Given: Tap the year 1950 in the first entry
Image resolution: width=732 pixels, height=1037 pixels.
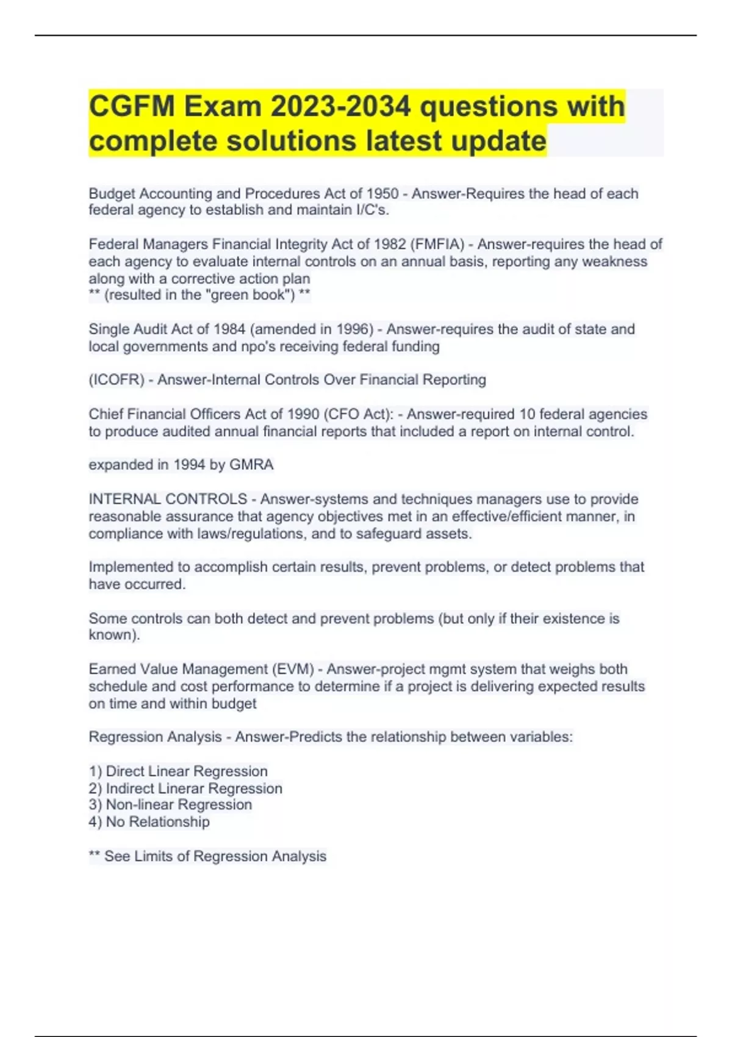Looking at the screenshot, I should [x=382, y=193].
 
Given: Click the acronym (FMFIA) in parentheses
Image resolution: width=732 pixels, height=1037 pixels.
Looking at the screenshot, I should [x=438, y=244].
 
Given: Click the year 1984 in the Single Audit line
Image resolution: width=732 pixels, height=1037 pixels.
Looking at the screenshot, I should [x=229, y=329].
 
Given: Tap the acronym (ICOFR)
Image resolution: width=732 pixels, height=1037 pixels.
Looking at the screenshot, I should [x=117, y=379].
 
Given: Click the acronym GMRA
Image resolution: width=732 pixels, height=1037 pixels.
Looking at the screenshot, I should [x=251, y=464].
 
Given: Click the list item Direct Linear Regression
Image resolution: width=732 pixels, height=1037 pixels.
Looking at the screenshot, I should [x=187, y=771].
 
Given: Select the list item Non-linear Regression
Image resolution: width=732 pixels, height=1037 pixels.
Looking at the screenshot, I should [x=179, y=805].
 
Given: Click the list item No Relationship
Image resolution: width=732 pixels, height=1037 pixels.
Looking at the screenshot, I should [x=157, y=822].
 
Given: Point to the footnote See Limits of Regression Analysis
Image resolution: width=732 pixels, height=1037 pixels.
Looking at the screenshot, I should [x=215, y=856].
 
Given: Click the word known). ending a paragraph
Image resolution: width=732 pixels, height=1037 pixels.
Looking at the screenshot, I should [x=114, y=634].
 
